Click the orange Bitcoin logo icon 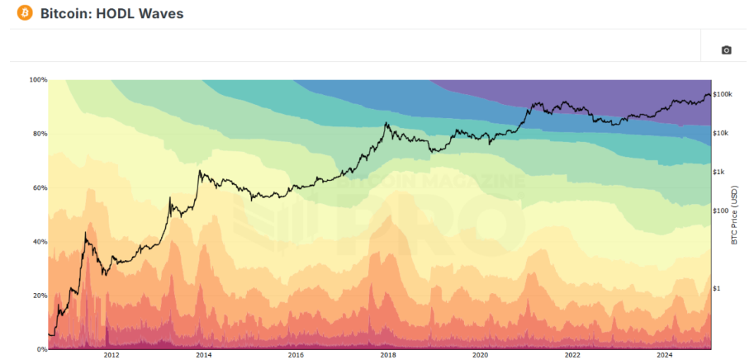tap(24, 13)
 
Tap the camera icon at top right tap(727, 50)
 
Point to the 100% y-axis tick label tap(38, 80)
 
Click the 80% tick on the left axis tap(40, 134)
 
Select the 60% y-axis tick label tap(40, 188)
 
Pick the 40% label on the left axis tap(40, 242)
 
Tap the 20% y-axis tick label tap(40, 296)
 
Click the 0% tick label tap(42, 349)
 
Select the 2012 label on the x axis tap(111, 356)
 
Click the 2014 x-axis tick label tap(203, 356)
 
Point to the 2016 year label tap(295, 356)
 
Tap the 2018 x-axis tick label tap(387, 356)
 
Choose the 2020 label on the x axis tap(480, 356)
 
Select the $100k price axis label tap(723, 95)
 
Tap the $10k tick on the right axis tap(721, 133)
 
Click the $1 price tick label tap(716, 288)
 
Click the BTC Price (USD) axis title tap(734, 215)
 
